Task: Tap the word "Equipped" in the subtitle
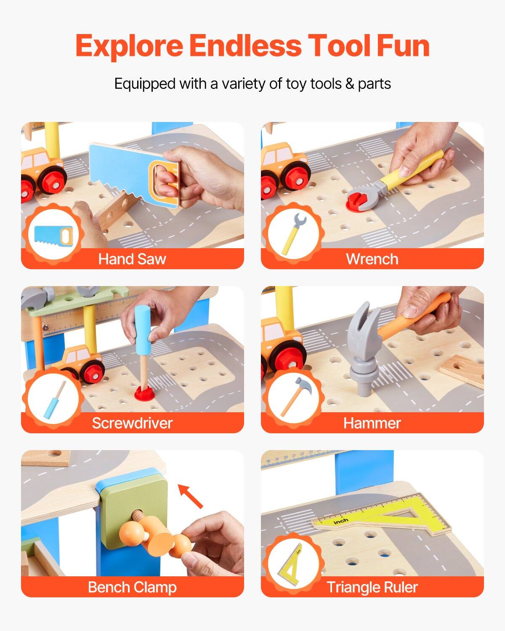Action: pyautogui.click(x=145, y=84)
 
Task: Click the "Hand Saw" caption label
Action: pyautogui.click(x=132, y=259)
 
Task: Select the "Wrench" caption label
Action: pyautogui.click(x=372, y=259)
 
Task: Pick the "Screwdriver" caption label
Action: pyautogui.click(x=132, y=423)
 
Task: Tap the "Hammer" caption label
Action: pyautogui.click(x=372, y=423)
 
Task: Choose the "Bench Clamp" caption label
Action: pyautogui.click(x=132, y=587)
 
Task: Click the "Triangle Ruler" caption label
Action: pyautogui.click(x=372, y=587)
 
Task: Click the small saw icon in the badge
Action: pyautogui.click(x=53, y=236)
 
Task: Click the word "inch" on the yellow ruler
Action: pyautogui.click(x=341, y=521)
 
